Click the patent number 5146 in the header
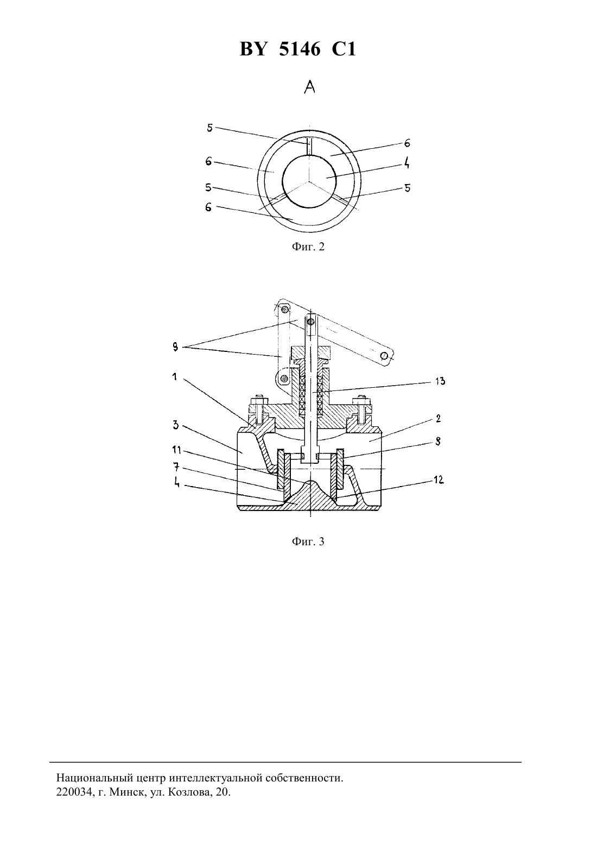[x=300, y=49]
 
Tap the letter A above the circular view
[x=310, y=87]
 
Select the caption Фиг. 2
[x=308, y=247]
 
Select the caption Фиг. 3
[x=308, y=542]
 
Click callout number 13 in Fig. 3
[x=440, y=381]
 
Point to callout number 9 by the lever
[x=175, y=348]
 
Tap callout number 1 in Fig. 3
[x=175, y=376]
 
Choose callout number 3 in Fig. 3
[x=176, y=425]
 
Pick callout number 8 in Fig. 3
[x=438, y=442]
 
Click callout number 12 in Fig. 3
[x=439, y=480]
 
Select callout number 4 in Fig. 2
[x=407, y=163]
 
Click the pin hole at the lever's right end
[x=384, y=356]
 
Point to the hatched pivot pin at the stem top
[x=310, y=322]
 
